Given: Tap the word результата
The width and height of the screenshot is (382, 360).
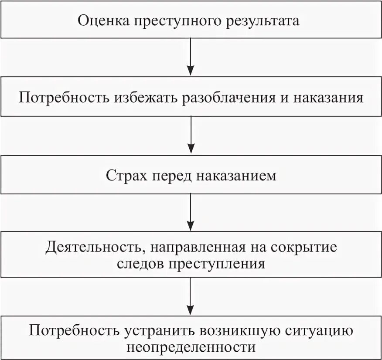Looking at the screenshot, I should point(263,20).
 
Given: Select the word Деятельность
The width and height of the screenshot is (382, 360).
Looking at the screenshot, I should point(91,248).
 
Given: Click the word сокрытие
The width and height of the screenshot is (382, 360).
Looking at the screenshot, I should point(304,248).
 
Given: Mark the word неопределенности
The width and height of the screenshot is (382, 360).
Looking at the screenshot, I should point(191,347).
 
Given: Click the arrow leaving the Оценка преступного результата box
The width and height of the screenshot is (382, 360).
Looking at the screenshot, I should point(191,57).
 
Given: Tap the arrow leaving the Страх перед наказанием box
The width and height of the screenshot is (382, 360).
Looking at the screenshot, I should point(191,214).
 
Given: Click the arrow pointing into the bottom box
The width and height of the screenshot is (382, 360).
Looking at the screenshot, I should point(191,296).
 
